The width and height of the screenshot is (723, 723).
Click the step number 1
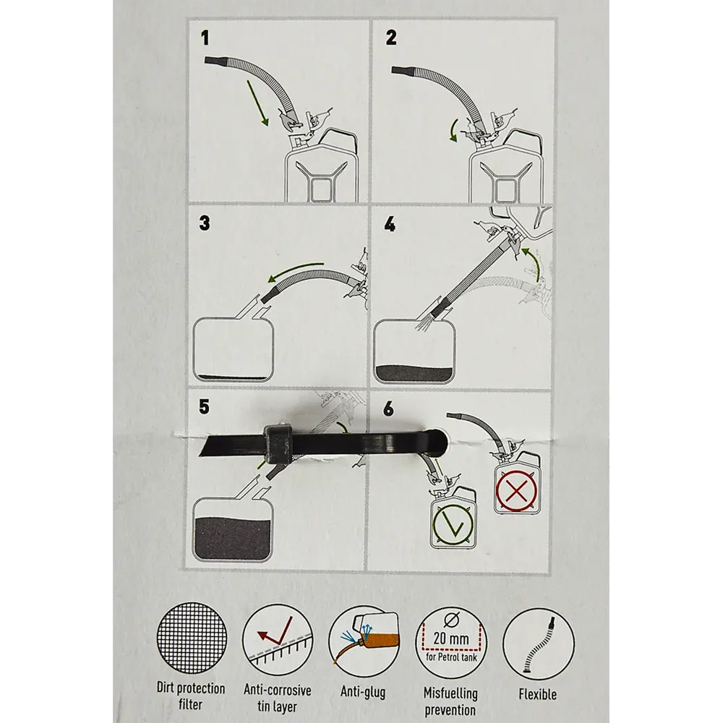pos(205,38)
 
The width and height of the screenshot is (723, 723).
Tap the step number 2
pos(391,38)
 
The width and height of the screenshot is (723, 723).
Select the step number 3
pos(205,223)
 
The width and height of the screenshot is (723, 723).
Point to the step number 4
pos(390,224)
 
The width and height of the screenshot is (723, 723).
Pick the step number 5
pos(204,406)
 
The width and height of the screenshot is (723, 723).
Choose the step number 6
pos(389,408)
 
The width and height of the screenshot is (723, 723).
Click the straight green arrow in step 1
pos(257,103)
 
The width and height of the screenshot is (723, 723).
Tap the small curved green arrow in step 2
pos(453,129)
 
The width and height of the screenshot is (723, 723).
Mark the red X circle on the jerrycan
pos(516,491)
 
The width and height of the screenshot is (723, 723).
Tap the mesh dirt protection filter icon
pos(192,638)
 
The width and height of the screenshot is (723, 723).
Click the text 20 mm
pos(451,639)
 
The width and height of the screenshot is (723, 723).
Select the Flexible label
pos(538,694)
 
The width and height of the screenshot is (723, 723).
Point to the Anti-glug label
pos(363,692)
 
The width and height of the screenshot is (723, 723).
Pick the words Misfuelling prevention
pos(450,701)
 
